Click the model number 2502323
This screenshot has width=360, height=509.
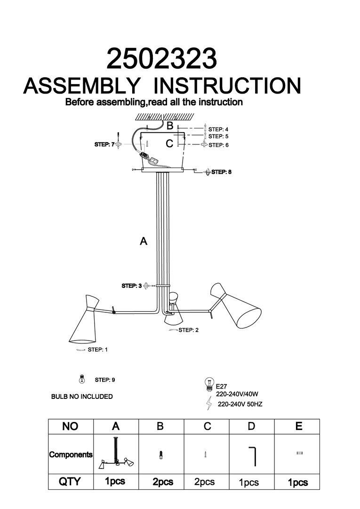162,59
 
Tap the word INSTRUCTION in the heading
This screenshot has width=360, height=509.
228,86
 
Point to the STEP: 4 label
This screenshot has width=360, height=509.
218,128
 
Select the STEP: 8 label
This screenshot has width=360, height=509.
221,172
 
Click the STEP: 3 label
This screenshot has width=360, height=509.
132,286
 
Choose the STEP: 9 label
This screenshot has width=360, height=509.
105,379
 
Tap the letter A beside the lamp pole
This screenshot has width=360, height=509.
144,241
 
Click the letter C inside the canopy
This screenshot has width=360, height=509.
170,143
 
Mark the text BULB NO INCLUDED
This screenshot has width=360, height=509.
82,397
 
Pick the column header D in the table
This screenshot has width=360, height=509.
251,427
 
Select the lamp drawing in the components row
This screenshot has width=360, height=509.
116,454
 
